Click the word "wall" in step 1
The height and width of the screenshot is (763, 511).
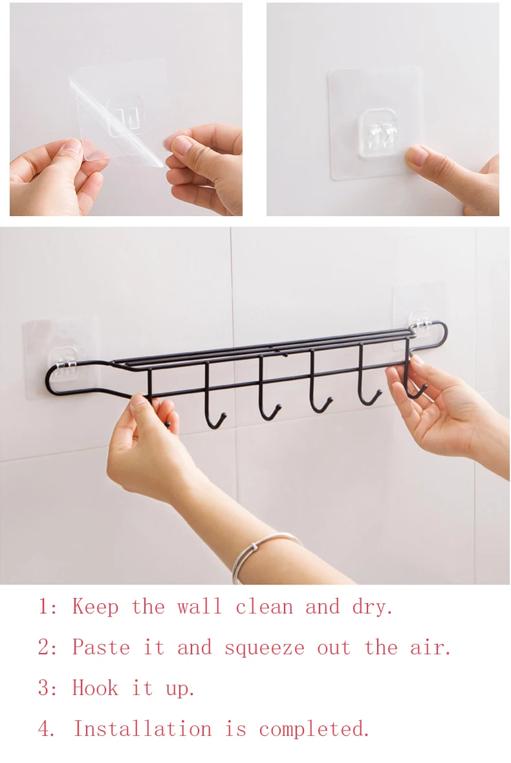coord(199,607)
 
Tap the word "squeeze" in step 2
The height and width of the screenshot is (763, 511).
coord(264,648)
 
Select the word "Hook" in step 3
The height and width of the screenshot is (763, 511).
coord(95,688)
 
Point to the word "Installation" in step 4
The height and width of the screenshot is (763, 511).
coord(142,729)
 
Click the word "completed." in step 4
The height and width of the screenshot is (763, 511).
coord(314,729)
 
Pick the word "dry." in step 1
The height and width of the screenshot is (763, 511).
coord(373,607)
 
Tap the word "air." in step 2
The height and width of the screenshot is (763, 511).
coord(431,648)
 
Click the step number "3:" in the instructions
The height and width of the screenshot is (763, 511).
coord(48,688)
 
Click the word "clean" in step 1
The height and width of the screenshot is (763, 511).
coord(264,607)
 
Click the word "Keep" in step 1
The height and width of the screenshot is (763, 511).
coord(95,607)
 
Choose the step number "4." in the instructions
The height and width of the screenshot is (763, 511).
coord(48,729)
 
